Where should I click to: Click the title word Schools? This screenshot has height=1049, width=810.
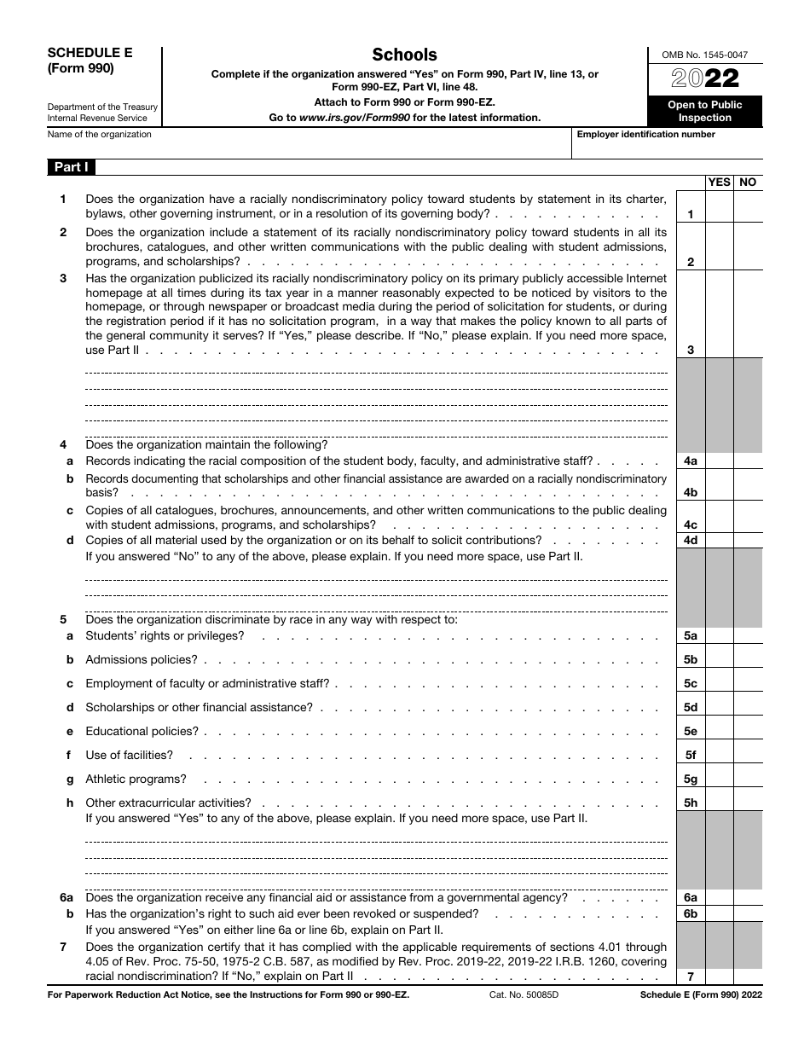point(405,55)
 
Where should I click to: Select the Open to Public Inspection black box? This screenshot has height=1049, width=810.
point(704,111)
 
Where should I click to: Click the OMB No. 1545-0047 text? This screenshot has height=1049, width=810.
point(704,55)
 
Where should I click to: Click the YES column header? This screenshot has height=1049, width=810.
point(720,182)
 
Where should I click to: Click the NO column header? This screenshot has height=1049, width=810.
point(748,182)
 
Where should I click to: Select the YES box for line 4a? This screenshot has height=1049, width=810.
point(720,461)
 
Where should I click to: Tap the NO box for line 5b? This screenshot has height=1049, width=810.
point(748,659)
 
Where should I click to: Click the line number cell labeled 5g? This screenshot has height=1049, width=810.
point(691,779)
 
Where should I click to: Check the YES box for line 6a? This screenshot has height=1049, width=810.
point(720,897)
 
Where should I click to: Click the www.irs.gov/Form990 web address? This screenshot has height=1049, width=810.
point(354,118)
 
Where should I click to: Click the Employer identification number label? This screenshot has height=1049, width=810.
point(646,135)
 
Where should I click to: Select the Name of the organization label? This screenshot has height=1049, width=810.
point(100,135)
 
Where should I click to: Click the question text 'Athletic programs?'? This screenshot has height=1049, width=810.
point(136,779)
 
